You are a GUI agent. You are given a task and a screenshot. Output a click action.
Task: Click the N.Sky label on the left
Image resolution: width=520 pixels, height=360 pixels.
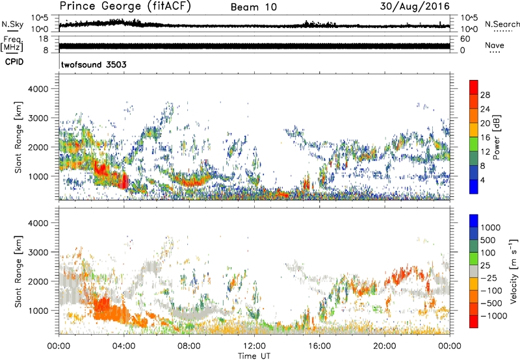point(12,24)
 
